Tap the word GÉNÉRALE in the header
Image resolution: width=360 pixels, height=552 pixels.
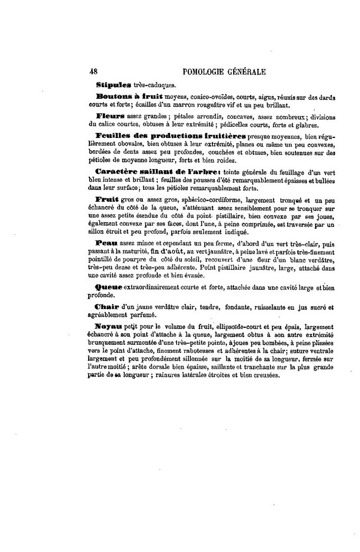(243, 71)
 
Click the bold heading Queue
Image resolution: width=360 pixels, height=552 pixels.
(109, 287)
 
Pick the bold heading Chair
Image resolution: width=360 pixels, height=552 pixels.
(107, 308)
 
